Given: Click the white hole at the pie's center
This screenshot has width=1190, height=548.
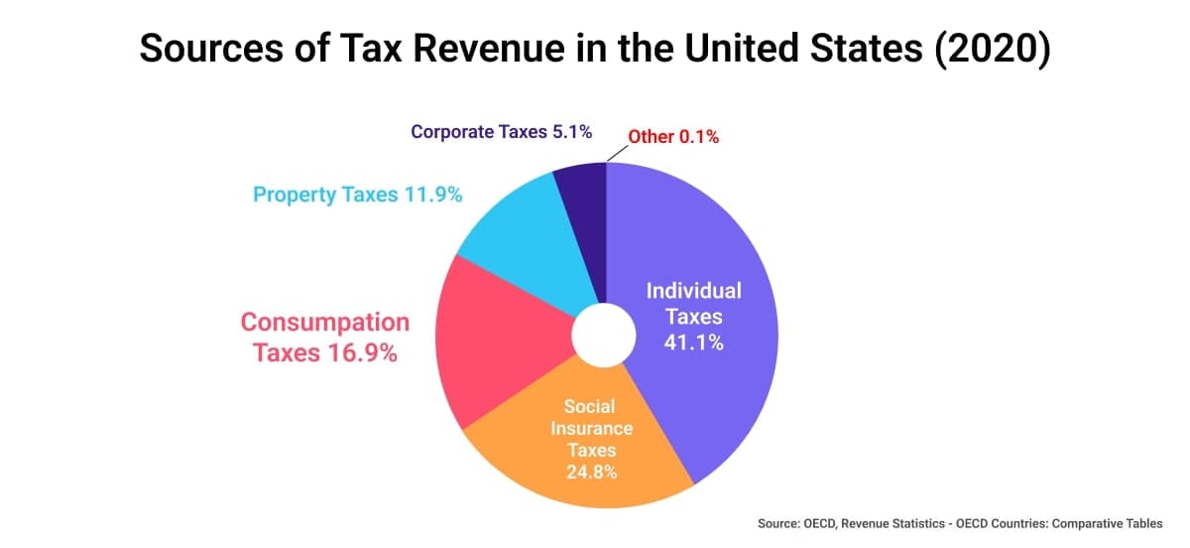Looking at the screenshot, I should (x=604, y=336).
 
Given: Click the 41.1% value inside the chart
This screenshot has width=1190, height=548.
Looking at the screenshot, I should (x=694, y=343).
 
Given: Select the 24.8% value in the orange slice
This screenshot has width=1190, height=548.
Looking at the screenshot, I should (x=591, y=472).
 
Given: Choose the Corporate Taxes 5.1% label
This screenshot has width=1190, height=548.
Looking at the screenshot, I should (x=502, y=132).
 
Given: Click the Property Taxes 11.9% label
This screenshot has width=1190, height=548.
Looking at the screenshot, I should (x=358, y=195).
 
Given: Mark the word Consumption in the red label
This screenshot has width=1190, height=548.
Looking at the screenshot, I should (x=325, y=323).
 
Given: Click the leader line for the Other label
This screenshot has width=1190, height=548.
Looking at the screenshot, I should (x=616, y=152).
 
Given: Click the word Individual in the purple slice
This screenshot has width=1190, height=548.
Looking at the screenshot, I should (x=694, y=291).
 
